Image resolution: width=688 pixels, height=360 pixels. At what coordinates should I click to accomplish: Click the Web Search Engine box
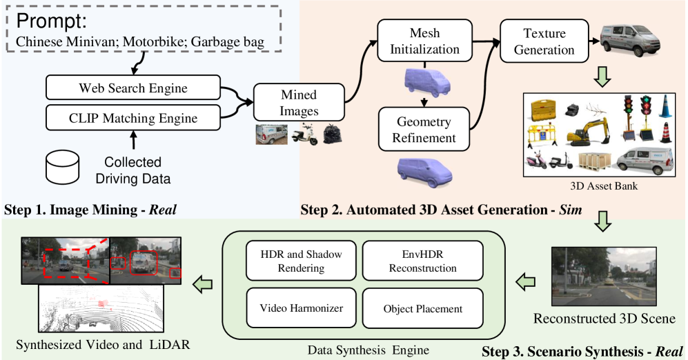(x=132, y=88)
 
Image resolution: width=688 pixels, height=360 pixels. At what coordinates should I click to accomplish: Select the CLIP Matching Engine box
(x=132, y=118)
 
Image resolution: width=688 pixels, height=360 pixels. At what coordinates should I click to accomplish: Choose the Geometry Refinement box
(x=424, y=129)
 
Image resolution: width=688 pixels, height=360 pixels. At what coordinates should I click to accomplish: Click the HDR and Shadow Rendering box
(x=301, y=261)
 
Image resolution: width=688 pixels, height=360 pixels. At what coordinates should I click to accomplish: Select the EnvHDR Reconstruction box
(x=422, y=261)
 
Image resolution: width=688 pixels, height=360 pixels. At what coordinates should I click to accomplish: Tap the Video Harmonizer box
(x=301, y=308)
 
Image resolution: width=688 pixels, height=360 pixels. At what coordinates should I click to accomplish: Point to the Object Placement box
(x=422, y=308)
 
